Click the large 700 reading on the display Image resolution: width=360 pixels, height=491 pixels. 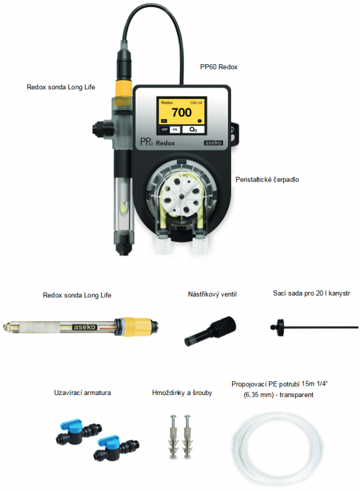[x=182, y=112]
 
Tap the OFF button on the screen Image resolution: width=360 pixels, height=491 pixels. [x=164, y=129]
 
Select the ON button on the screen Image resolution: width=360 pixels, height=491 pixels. [x=175, y=129]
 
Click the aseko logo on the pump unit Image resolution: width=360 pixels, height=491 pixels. [x=214, y=143]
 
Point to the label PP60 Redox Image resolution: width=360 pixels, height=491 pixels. [x=218, y=67]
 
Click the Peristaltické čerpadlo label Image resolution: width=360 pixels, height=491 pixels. [x=267, y=179]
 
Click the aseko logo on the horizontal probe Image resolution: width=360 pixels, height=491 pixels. [x=85, y=327]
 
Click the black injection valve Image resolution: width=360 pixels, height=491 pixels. [x=209, y=331]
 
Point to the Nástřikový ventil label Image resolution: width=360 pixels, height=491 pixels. [x=212, y=294]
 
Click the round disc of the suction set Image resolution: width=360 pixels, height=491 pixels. [x=278, y=327]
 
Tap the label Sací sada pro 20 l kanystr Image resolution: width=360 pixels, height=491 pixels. [x=311, y=293]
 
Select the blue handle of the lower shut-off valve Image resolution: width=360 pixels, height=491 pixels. [x=109, y=440]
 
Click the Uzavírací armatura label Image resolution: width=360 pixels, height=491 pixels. [x=82, y=393]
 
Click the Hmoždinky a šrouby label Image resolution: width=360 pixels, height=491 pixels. [x=182, y=393]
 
